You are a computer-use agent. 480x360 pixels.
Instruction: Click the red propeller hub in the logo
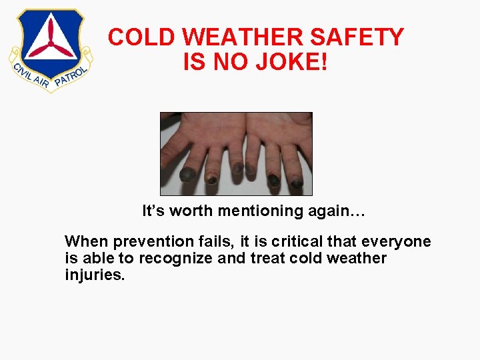[x=51, y=48]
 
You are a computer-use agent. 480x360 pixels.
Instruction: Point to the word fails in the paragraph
[x=201, y=242]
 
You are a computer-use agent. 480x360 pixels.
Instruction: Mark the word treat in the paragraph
[x=266, y=259]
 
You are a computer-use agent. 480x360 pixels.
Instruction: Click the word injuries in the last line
[x=93, y=275]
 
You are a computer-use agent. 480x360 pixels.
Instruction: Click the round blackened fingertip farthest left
[x=188, y=175]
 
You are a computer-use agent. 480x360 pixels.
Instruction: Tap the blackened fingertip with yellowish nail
[x=212, y=179]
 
